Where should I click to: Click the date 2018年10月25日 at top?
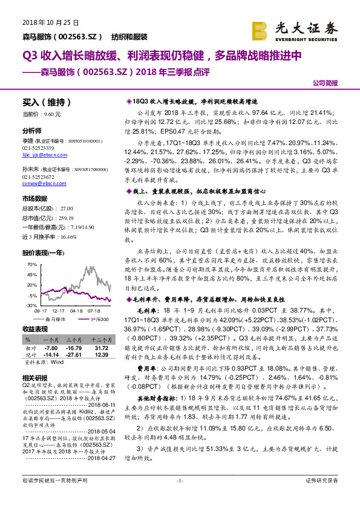[45, 22]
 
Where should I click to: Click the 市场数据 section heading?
[34, 198]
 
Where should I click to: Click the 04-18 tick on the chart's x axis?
[76, 310]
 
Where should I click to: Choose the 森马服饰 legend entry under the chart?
[57, 318]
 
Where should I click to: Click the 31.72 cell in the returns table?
[101, 349]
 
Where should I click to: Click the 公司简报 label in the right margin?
[324, 83]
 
